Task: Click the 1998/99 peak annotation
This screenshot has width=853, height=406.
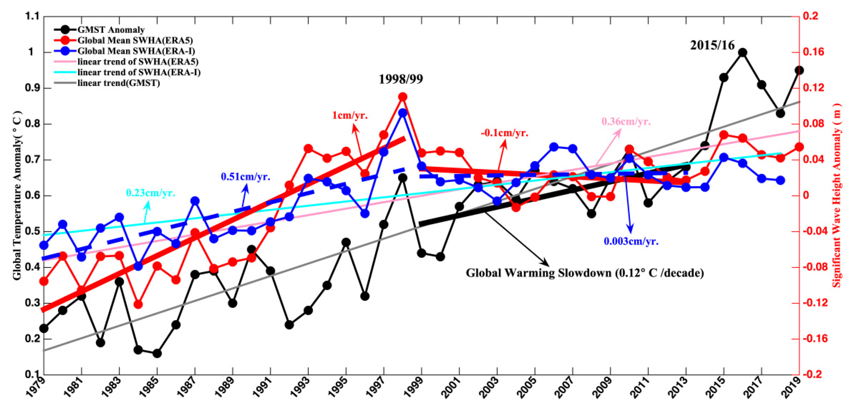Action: tap(401, 79)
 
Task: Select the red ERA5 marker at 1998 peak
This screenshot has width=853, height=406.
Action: tap(403, 97)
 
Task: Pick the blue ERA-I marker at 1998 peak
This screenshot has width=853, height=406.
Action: tap(403, 113)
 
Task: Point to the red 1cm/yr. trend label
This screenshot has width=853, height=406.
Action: tap(350, 115)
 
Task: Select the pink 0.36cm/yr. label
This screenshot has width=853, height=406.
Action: tap(626, 121)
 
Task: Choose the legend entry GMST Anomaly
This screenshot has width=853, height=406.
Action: tap(111, 30)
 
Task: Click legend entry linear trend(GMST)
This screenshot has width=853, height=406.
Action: tap(118, 83)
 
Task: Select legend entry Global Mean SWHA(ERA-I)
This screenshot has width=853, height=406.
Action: tap(136, 51)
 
